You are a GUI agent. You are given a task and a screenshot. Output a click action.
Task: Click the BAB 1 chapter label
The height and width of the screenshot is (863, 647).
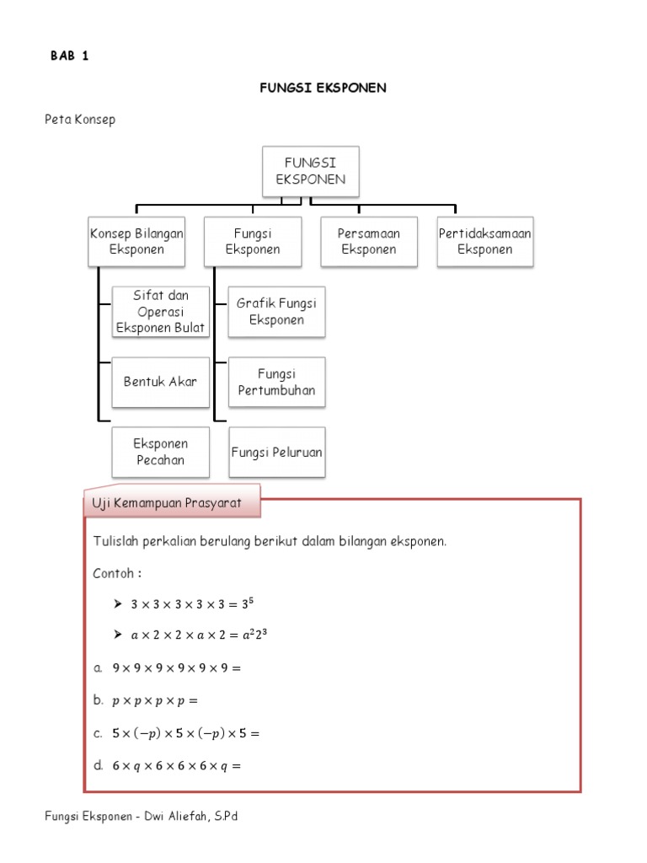pos(70,56)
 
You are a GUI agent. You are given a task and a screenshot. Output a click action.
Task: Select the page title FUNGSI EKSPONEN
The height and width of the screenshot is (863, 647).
pos(323,88)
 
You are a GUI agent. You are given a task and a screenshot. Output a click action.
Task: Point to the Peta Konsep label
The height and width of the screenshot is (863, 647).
pos(80,120)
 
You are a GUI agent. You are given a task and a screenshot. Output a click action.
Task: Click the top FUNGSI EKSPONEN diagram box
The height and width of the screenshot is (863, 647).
pos(311,172)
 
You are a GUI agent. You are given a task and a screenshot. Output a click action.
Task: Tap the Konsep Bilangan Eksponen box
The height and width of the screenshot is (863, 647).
pos(136,241)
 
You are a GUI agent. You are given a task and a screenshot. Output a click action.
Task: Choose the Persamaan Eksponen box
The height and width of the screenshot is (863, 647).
pos(368,241)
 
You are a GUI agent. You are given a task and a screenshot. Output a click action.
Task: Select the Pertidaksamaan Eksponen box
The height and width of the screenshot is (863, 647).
pos(485,241)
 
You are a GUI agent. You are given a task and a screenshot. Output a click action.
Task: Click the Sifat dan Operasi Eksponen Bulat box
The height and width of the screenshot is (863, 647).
pos(160,311)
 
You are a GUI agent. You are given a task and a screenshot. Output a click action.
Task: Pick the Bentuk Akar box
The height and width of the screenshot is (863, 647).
pos(160,381)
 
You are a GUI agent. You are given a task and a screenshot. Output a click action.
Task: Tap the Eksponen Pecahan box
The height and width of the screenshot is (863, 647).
pos(160,452)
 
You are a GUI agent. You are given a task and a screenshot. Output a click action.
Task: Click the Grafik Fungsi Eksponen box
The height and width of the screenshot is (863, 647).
pos(276,311)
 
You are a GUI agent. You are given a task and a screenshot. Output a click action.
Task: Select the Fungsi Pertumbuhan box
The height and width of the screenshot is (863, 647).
pos(276,382)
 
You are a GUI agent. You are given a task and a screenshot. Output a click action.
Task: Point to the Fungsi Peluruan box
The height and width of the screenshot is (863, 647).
pos(276,452)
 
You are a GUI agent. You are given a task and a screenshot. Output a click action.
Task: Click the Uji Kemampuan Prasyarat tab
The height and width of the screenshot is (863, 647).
pos(172,503)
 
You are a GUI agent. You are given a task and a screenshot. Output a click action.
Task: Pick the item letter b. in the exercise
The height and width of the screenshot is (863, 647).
pos(99,700)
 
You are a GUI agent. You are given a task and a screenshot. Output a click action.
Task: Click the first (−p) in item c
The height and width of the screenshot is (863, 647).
pos(152,733)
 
